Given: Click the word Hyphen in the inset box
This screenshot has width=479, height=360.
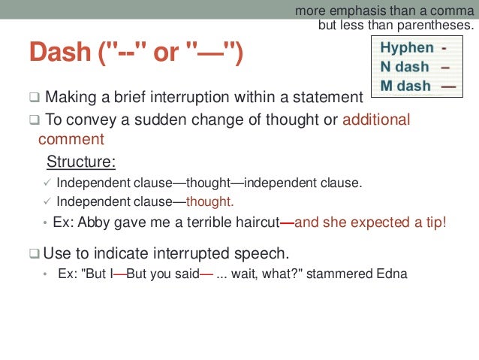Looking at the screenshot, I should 407,48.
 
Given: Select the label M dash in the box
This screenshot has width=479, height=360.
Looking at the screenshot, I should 405,86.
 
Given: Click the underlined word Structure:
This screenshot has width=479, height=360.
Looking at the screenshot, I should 81,162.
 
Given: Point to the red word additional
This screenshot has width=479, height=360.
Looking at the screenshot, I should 376,120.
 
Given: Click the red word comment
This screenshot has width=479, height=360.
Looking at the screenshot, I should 71,140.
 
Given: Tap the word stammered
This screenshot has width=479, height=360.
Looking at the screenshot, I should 342,274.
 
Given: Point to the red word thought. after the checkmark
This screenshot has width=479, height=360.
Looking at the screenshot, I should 210,201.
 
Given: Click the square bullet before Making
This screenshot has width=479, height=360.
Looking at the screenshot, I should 35,98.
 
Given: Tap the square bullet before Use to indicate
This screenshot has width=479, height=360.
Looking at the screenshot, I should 35,253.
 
